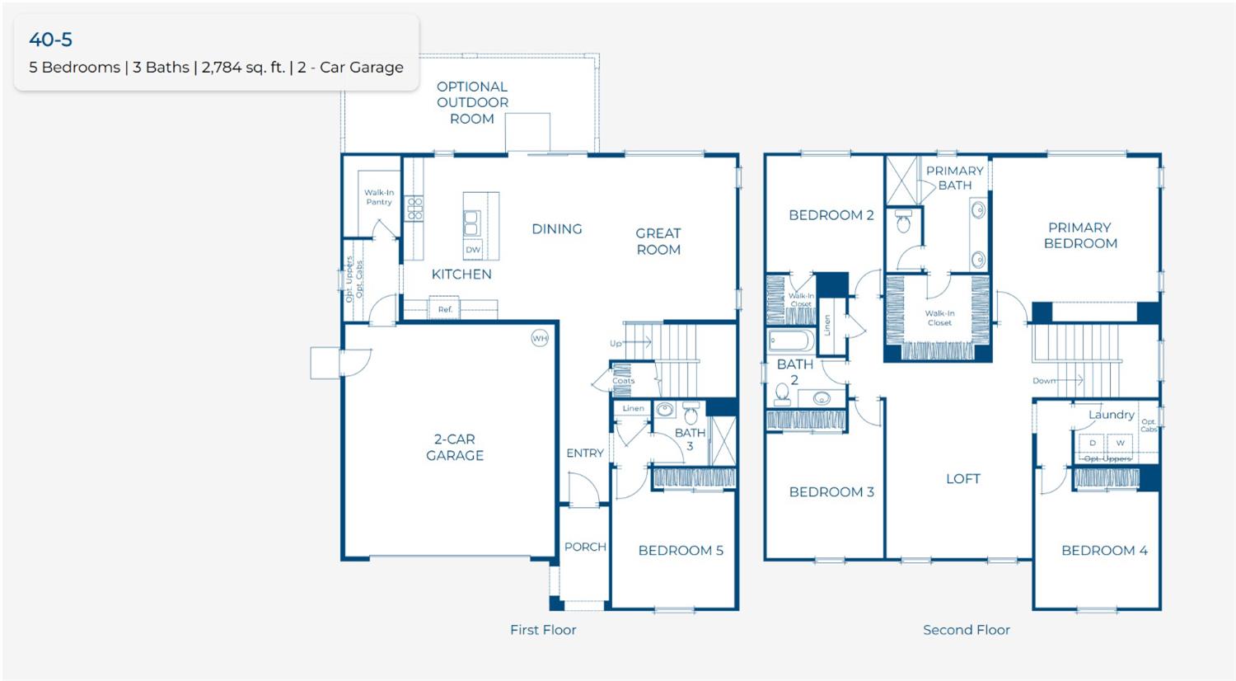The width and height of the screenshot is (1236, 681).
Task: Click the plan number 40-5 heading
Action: [x=50, y=39]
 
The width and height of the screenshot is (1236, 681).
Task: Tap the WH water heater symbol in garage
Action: [x=540, y=338]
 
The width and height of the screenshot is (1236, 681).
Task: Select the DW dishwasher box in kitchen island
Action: [x=473, y=249]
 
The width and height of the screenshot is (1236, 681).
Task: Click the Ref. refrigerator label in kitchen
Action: [x=445, y=309]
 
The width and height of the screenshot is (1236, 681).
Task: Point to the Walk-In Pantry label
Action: [x=379, y=197]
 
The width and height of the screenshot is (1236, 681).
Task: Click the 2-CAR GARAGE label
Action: [x=455, y=447]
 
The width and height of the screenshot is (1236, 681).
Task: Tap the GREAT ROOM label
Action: [x=658, y=241]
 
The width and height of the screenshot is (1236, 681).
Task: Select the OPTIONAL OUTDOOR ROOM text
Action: [x=472, y=102]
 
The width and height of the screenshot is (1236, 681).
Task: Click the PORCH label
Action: [x=585, y=547]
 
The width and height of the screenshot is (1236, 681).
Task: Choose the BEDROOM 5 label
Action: [x=681, y=550]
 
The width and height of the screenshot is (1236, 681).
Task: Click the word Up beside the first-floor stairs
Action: [x=616, y=343]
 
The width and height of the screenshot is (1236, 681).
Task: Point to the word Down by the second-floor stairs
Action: [x=1043, y=381]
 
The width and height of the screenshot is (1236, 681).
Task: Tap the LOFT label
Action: [x=962, y=478]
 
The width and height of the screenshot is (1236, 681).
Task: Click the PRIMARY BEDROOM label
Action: [x=1080, y=235]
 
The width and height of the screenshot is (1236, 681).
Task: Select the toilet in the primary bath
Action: [x=903, y=222]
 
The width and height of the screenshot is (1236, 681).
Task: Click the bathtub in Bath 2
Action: [x=791, y=340]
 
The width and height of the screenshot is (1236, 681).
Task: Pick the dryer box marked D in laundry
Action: [x=1093, y=443]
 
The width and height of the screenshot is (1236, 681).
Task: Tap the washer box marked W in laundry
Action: [x=1120, y=443]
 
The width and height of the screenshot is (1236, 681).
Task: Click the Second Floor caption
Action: [x=966, y=630]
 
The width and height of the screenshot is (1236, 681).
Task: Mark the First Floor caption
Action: [x=542, y=630]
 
